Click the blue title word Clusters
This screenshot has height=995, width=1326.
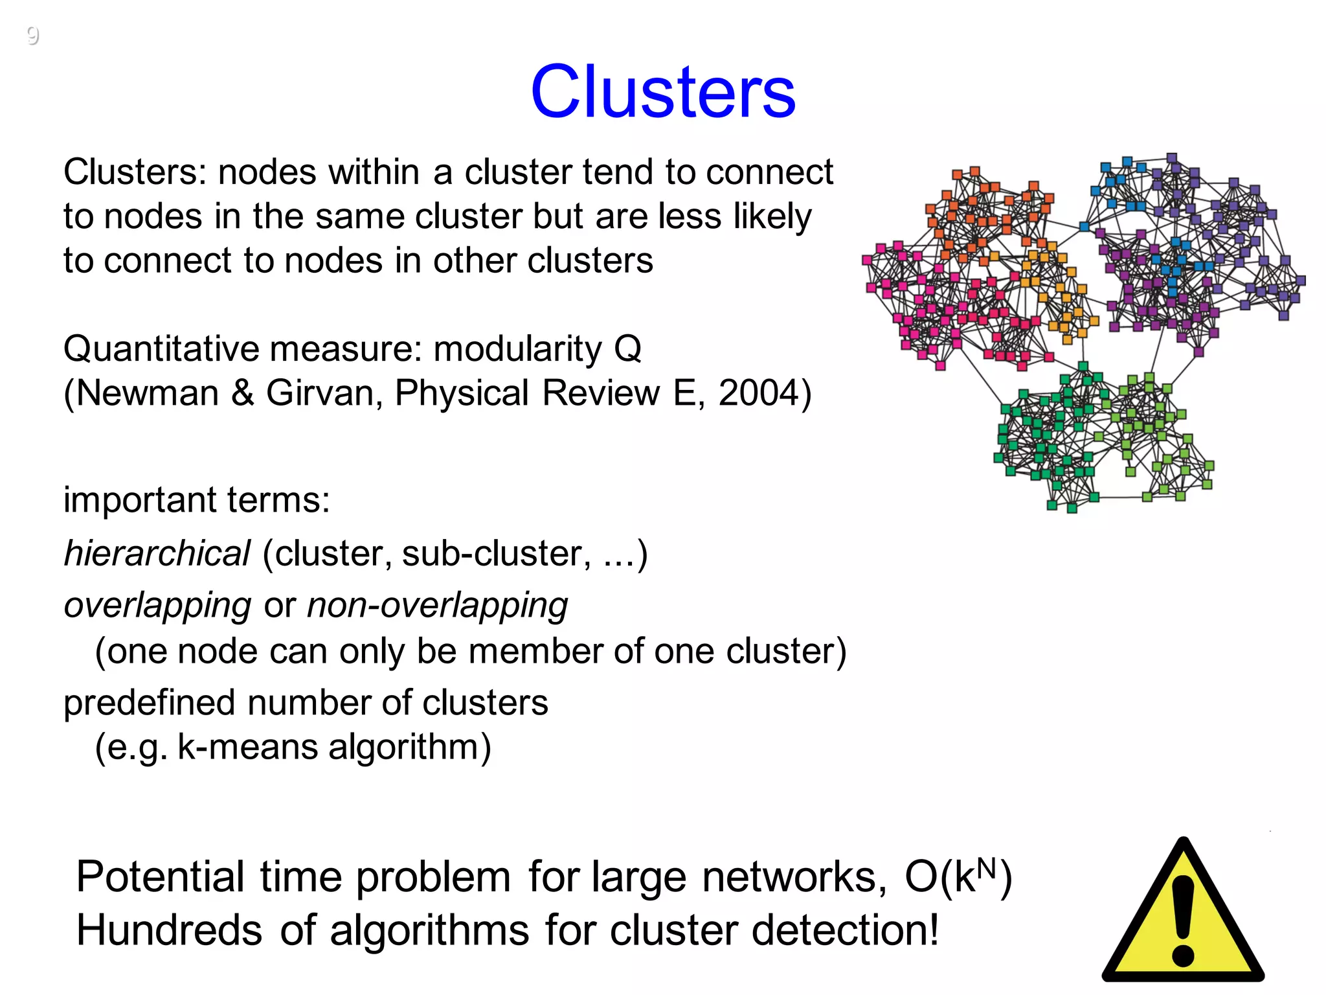pos(663,92)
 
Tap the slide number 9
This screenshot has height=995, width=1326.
pos(33,35)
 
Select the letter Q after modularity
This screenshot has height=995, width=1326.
pos(627,349)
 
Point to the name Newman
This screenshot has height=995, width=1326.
pos(148,393)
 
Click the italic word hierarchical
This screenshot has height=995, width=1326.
pos(157,554)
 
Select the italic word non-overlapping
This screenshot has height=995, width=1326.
pos(437,606)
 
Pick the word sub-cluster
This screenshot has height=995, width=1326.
pos(496,554)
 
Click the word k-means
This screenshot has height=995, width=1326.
pos(247,747)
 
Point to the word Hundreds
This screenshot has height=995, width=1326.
pos(169,931)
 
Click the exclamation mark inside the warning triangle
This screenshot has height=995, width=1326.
pos(1183,920)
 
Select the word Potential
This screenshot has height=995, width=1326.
pos(160,877)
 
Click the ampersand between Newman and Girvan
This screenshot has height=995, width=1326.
pos(242,393)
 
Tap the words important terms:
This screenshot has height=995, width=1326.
pos(196,500)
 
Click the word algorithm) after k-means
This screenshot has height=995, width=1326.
pos(410,747)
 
